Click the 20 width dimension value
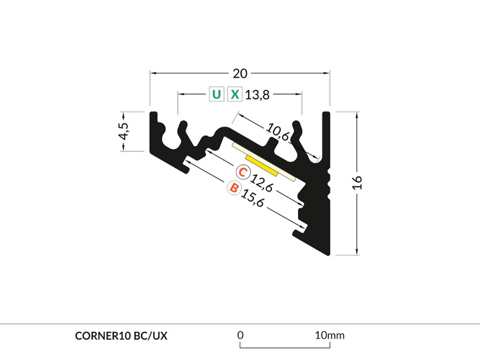240,73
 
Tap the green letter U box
216,94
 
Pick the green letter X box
235,94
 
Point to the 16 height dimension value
357,182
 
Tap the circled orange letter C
244,172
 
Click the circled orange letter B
233,188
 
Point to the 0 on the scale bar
240,335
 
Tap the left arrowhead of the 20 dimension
153,73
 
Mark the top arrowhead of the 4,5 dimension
123,114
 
